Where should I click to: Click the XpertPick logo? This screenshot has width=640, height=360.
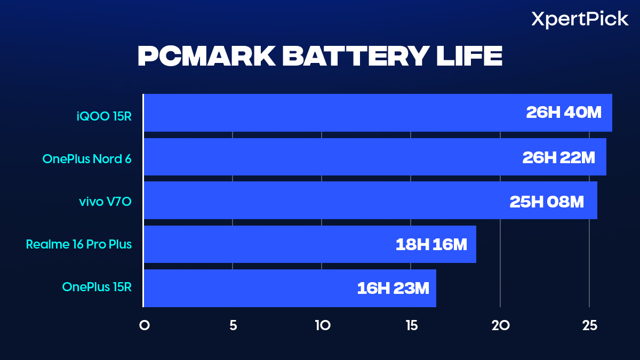click(x=580, y=20)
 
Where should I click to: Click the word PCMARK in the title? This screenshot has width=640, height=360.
click(x=205, y=57)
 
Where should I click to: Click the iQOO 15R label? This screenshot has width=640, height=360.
click(x=103, y=115)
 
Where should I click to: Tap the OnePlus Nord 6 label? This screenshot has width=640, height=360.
click(x=87, y=158)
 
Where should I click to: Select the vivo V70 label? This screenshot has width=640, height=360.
click(x=105, y=202)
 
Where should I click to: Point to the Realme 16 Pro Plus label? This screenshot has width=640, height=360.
click(x=79, y=245)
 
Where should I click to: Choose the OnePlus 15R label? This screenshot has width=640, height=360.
click(x=97, y=287)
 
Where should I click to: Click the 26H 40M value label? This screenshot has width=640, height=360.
click(x=564, y=113)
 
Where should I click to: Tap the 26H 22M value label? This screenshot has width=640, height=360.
click(x=558, y=157)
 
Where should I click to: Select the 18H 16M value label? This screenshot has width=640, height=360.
click(x=431, y=245)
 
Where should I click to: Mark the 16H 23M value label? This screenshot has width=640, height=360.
click(x=393, y=289)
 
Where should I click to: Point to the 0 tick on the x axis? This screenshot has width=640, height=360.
click(x=144, y=325)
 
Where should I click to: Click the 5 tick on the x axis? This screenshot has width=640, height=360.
click(x=233, y=325)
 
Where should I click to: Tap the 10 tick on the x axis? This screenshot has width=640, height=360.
click(x=322, y=325)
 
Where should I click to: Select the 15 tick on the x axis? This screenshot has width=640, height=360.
click(x=411, y=325)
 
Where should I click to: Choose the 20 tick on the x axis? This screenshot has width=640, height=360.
click(x=500, y=325)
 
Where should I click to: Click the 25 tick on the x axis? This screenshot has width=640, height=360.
click(x=589, y=325)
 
